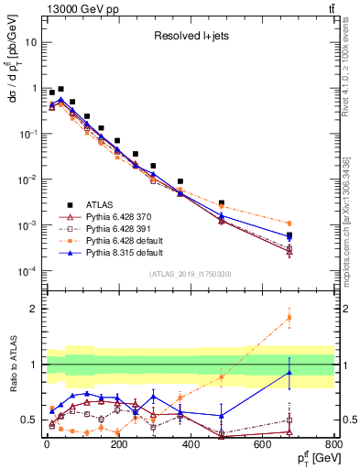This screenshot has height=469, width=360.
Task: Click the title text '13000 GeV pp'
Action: point(72,9)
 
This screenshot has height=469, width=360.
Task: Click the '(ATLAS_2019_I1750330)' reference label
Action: point(190,274)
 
